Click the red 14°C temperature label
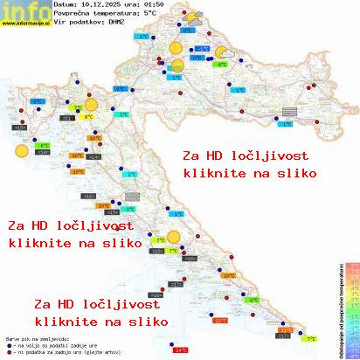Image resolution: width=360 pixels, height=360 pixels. (181, 350)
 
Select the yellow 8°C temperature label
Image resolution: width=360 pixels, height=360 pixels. (88, 116)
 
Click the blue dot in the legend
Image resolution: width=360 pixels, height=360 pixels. (8, 342)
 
